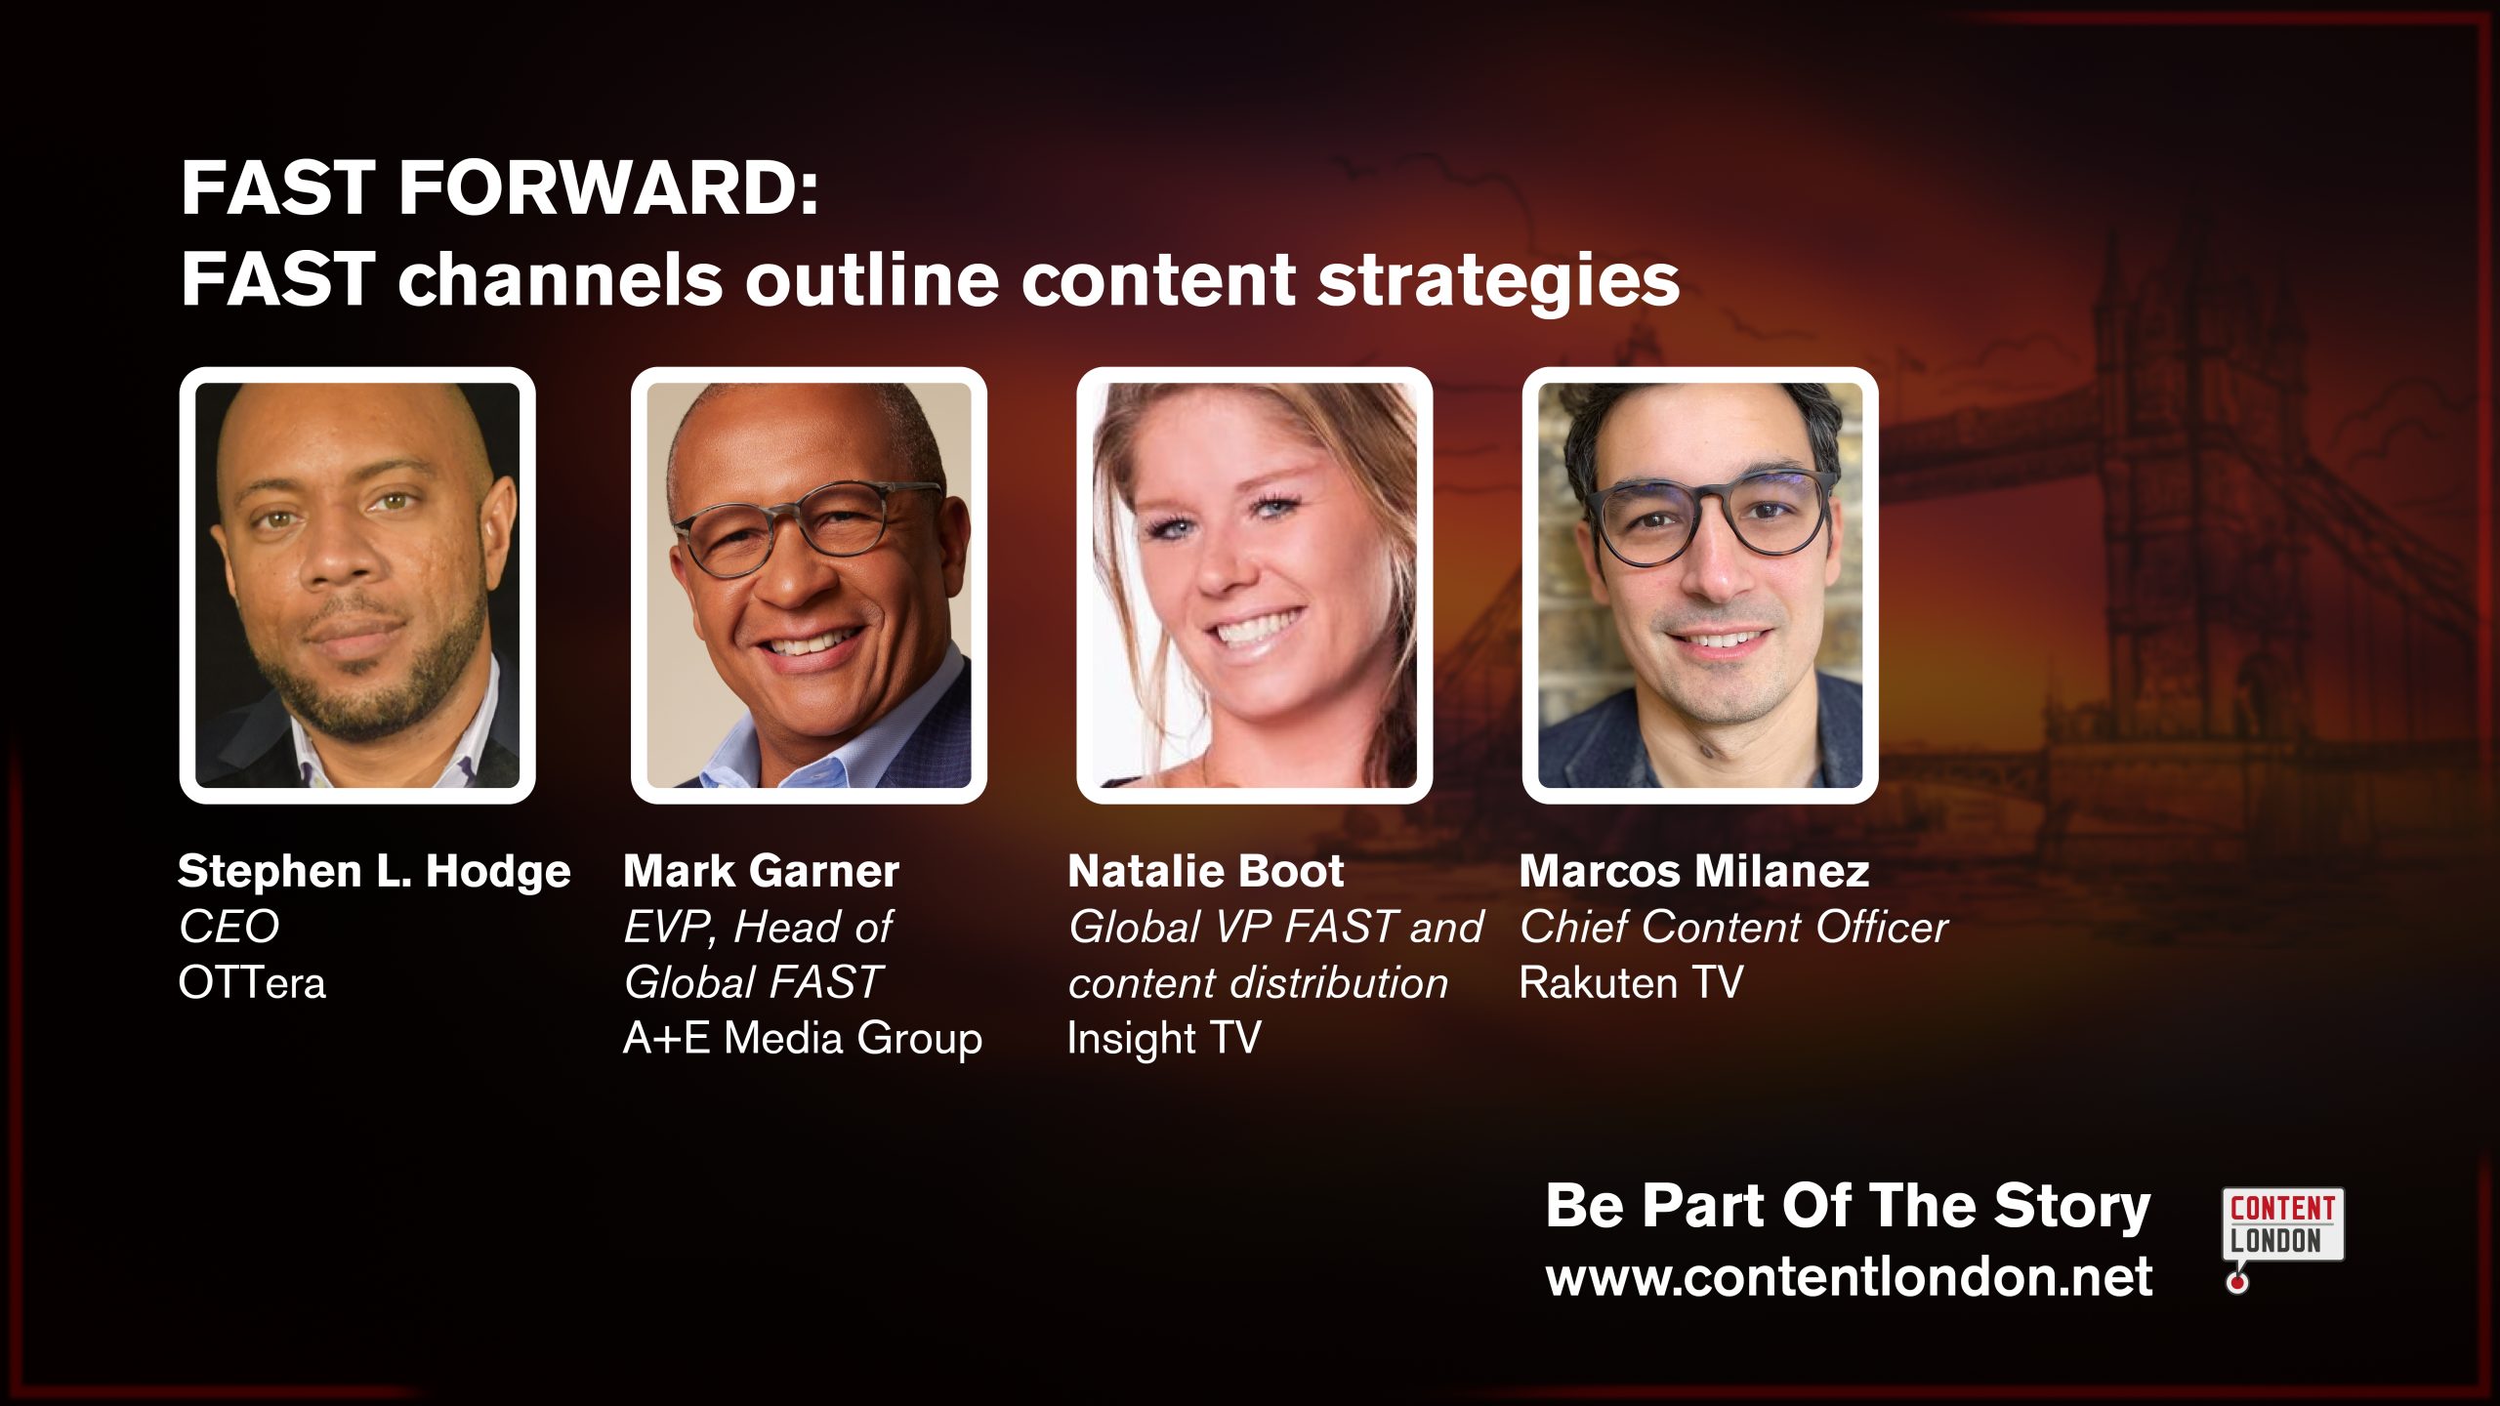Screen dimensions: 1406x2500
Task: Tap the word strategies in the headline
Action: pyautogui.click(x=1498, y=279)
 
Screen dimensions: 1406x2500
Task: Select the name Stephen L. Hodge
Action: pyautogui.click(x=374, y=871)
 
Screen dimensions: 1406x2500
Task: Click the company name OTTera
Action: pyautogui.click(x=252, y=982)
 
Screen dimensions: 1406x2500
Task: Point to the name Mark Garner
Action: pyautogui.click(x=761, y=871)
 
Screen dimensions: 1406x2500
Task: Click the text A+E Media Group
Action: pyautogui.click(x=803, y=1038)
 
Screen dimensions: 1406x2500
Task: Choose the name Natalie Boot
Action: pyautogui.click(x=1205, y=871)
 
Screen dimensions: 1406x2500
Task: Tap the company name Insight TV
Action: pyautogui.click(x=1164, y=1038)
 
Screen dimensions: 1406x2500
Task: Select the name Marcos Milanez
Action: pyautogui.click(x=1694, y=871)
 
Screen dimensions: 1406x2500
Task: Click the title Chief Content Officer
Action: pyautogui.click(x=1733, y=927)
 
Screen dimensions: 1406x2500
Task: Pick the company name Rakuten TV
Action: pyautogui.click(x=1631, y=982)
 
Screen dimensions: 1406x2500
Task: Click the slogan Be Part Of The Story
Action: pyautogui.click(x=1848, y=1206)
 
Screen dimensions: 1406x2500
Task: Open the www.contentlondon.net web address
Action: pyautogui.click(x=1849, y=1277)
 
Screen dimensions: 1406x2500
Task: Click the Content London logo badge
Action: pyautogui.click(x=2282, y=1224)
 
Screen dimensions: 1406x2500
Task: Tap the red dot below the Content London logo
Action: pyautogui.click(x=2236, y=1282)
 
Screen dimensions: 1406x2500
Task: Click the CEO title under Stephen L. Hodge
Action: pyautogui.click(x=229, y=927)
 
